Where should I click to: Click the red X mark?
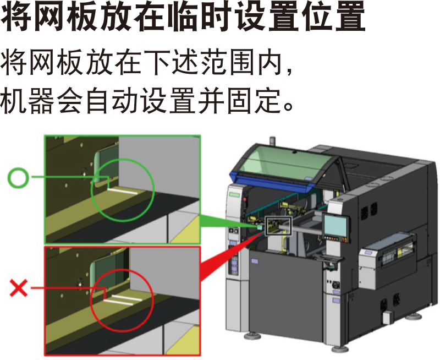tap(19, 287)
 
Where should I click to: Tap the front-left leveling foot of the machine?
tap(252, 335)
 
